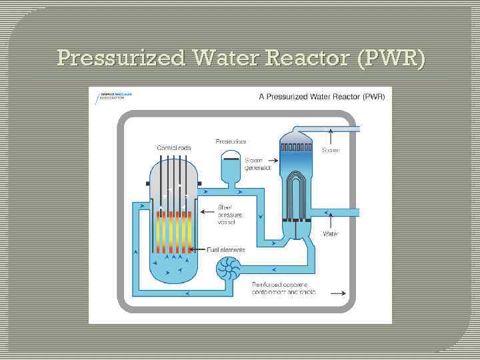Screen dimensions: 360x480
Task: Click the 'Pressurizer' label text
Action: click(x=231, y=142)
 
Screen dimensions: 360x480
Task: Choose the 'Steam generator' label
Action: click(x=257, y=164)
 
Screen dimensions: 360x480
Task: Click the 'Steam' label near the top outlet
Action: click(x=331, y=151)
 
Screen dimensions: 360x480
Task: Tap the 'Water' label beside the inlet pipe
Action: click(x=331, y=234)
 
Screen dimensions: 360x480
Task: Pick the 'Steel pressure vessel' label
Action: click(x=230, y=215)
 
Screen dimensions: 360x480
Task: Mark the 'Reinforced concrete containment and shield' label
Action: click(x=284, y=289)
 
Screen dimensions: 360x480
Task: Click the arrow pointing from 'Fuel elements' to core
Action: click(x=198, y=250)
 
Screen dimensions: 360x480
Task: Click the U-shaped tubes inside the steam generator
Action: click(x=295, y=193)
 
